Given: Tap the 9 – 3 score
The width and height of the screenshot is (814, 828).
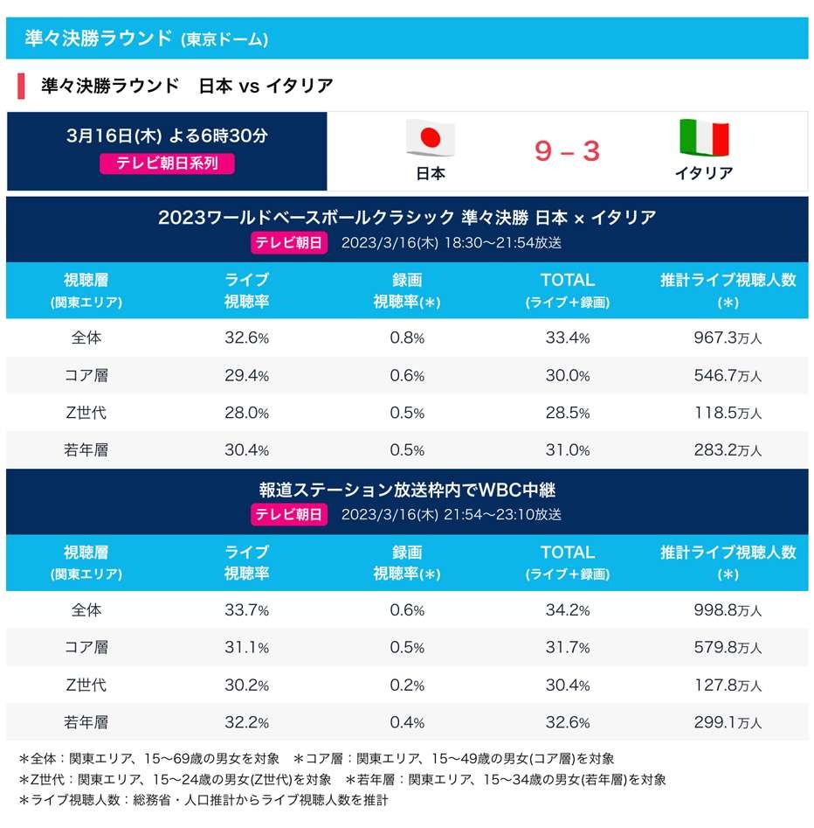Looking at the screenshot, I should [x=568, y=152].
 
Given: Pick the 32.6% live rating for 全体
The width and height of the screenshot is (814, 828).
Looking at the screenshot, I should [x=246, y=337].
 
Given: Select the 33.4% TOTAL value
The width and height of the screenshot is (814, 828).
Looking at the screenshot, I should [x=567, y=337].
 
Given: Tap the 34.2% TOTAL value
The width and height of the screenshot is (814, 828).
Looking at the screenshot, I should [x=567, y=610].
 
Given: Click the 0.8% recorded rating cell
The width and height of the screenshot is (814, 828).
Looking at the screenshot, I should [x=407, y=337].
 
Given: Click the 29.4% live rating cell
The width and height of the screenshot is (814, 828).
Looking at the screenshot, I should [x=246, y=375].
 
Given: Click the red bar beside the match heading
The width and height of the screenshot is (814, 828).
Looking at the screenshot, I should [x=21, y=87].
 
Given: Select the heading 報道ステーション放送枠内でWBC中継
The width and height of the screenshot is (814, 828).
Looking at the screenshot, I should [x=407, y=490].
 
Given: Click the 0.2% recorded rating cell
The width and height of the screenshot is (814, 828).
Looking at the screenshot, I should [x=407, y=685].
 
